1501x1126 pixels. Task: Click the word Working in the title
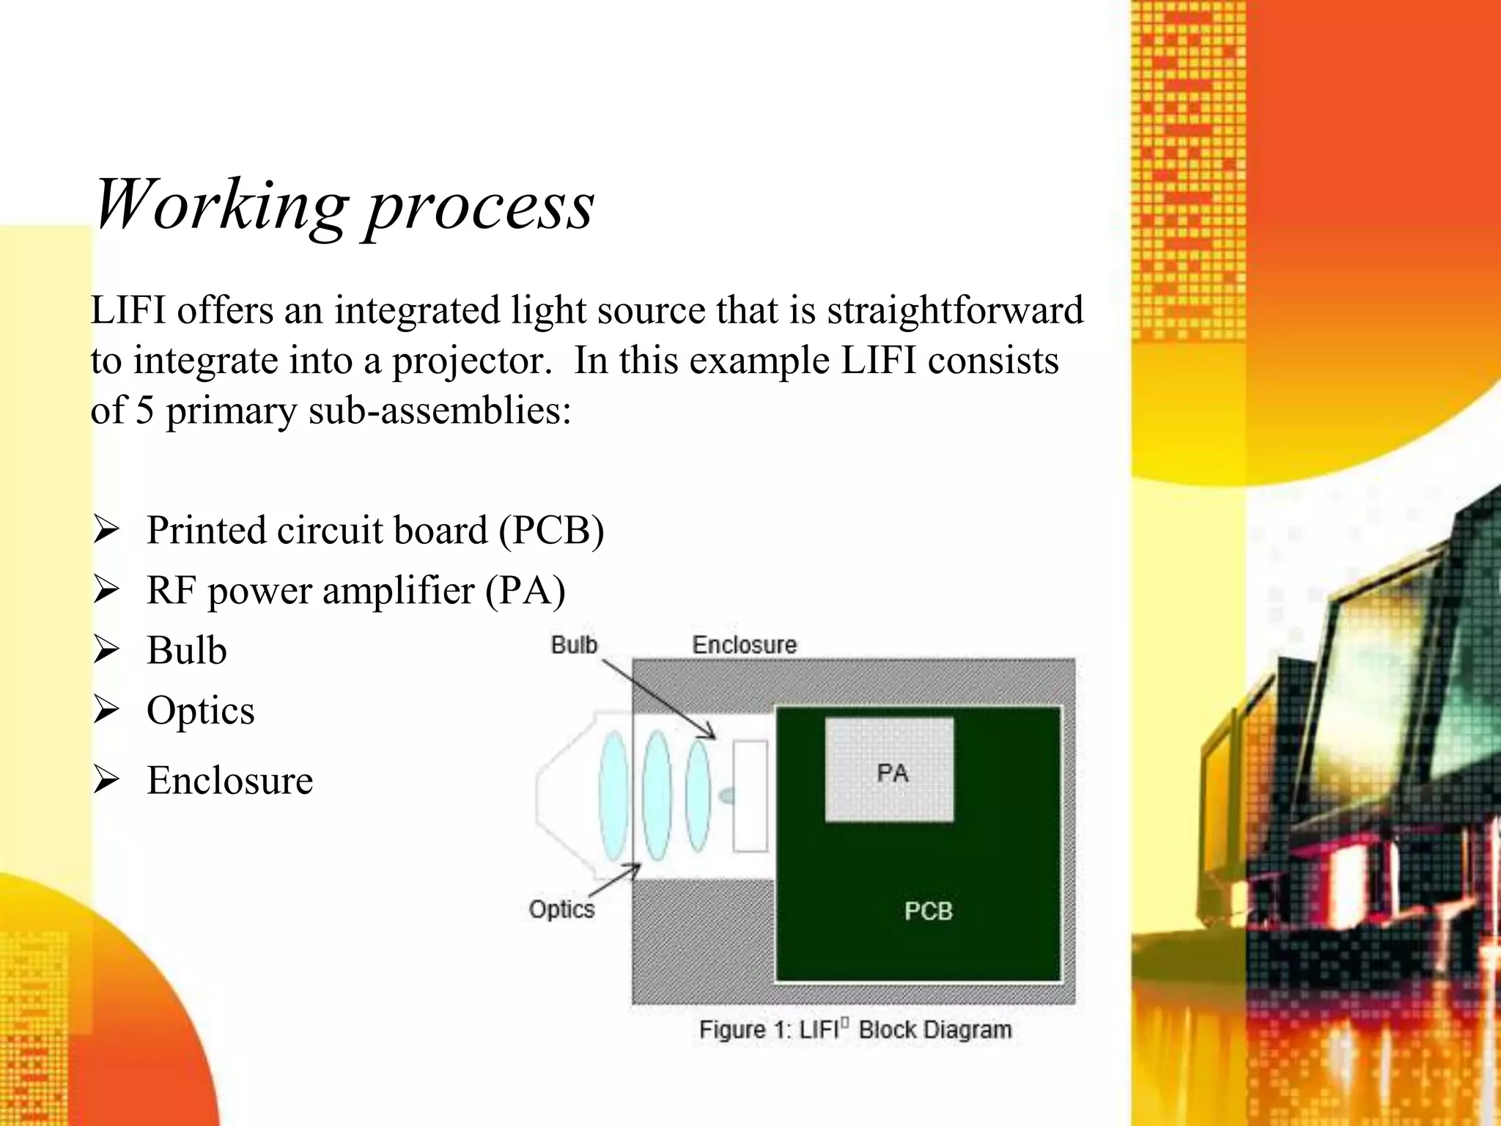pyautogui.click(x=220, y=205)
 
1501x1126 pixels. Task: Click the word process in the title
pyautogui.click(x=480, y=209)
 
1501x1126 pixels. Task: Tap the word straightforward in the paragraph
pyautogui.click(x=955, y=310)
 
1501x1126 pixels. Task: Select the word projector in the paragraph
pyautogui.click(x=471, y=361)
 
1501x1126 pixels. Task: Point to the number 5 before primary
pyautogui.click(x=144, y=410)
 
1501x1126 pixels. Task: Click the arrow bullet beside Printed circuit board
pyautogui.click(x=106, y=530)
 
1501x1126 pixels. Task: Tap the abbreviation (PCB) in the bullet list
pyautogui.click(x=551, y=530)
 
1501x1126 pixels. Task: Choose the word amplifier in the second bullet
pyautogui.click(x=398, y=591)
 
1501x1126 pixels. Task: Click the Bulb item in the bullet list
pyautogui.click(x=186, y=651)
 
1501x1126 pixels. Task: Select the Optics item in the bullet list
pyautogui.click(x=200, y=710)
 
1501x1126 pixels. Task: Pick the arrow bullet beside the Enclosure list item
pyautogui.click(x=106, y=780)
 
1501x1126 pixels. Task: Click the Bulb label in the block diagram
pyautogui.click(x=574, y=645)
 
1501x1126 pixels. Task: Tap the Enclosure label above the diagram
pyautogui.click(x=744, y=645)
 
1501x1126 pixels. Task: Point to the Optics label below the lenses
pyautogui.click(x=561, y=910)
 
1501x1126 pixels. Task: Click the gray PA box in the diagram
pyautogui.click(x=890, y=770)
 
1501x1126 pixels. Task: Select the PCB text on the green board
pyautogui.click(x=928, y=911)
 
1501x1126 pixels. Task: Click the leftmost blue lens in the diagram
pyautogui.click(x=613, y=795)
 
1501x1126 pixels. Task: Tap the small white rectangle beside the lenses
pyautogui.click(x=750, y=795)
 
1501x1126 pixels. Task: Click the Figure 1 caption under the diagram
pyautogui.click(x=855, y=1030)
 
